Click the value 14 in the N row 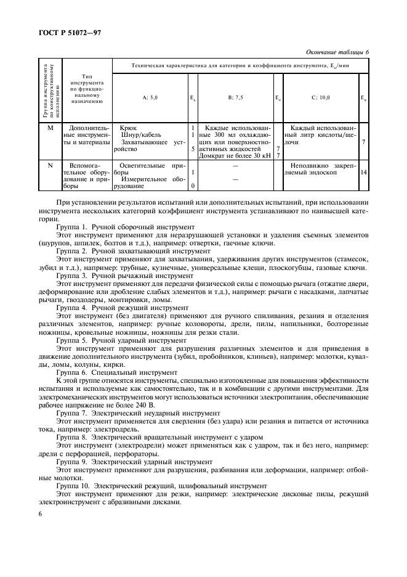tap(364, 173)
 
